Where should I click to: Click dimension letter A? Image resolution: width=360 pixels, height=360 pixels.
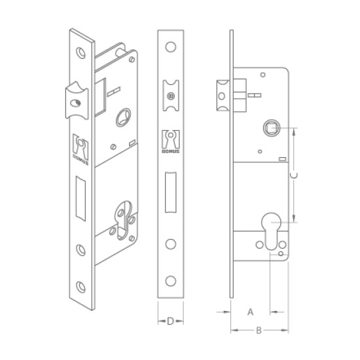click(250, 312)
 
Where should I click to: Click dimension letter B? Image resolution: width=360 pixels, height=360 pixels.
click(259, 331)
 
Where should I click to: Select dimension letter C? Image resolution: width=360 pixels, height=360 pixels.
click(294, 175)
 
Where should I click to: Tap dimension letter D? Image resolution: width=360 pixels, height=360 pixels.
click(170, 321)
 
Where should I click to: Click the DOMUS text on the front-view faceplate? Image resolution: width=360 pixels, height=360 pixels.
click(171, 151)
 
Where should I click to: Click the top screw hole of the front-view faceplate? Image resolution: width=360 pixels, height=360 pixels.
click(171, 47)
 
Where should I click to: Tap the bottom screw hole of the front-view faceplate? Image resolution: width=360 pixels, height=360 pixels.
click(171, 281)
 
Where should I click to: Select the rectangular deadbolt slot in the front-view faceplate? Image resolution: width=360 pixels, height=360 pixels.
click(171, 192)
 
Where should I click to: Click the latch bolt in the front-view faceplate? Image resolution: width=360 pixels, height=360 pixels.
click(171, 96)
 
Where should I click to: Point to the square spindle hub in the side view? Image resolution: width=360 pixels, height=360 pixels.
click(272, 128)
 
